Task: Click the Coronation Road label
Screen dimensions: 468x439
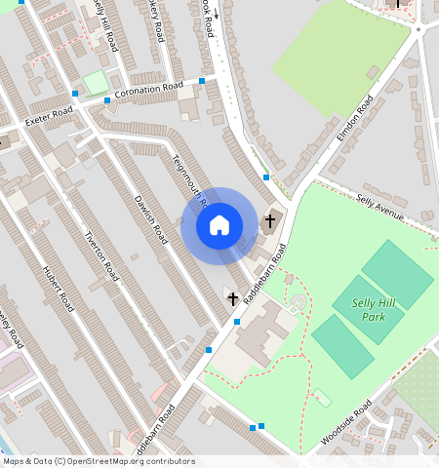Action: click(x=149, y=92)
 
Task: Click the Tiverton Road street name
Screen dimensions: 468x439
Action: click(x=100, y=254)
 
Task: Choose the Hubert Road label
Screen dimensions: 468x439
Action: click(x=58, y=288)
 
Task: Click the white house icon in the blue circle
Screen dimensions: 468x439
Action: click(x=219, y=225)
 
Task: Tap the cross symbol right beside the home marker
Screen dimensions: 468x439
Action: click(x=270, y=221)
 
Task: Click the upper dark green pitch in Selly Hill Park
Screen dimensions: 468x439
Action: click(x=397, y=274)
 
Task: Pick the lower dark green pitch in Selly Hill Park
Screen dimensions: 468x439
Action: click(x=342, y=346)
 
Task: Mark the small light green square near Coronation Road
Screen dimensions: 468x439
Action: click(x=96, y=83)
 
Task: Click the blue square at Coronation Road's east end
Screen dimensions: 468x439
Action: click(x=202, y=80)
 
